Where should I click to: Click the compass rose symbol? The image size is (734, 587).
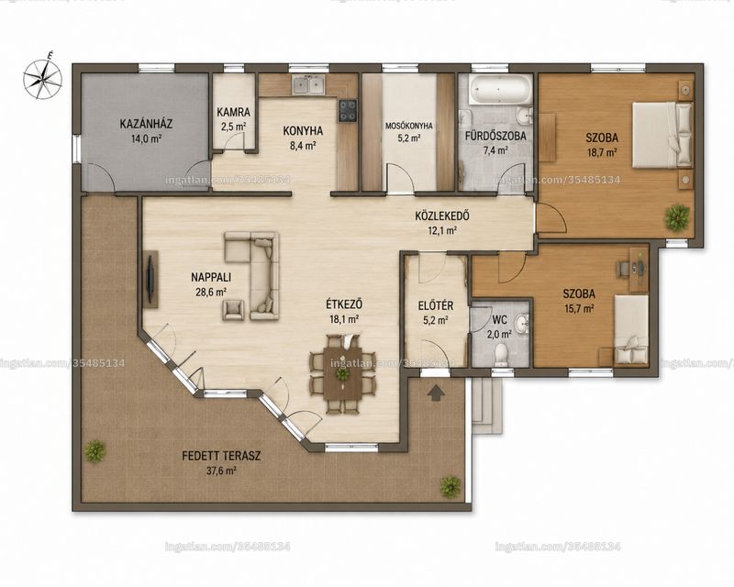coord(43,77)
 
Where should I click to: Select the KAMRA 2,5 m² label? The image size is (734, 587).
coord(234,119)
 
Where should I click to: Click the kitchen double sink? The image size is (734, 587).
coord(309,85)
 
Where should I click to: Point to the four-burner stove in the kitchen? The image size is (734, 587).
coord(348,110)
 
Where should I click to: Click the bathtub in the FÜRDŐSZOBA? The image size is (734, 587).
coord(500,91)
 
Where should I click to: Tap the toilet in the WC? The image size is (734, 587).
coord(501,354)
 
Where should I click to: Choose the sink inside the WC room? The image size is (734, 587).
coord(521,322)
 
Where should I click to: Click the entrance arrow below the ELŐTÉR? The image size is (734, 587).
coord(436,393)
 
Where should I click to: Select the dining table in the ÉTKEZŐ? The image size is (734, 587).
coord(342,373)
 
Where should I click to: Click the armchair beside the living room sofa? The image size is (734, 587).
coord(233,310)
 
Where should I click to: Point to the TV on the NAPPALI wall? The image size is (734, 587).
coord(151,280)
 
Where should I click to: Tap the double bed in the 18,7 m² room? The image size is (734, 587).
coord(662,135)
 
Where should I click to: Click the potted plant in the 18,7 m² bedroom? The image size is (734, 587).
coord(677,217)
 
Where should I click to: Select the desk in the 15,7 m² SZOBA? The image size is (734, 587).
coord(639,269)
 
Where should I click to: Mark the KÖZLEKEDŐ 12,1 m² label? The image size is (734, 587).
coord(442,223)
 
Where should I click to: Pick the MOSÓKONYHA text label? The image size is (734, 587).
coord(409,126)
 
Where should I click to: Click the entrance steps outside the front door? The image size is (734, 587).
coord(486,406)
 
